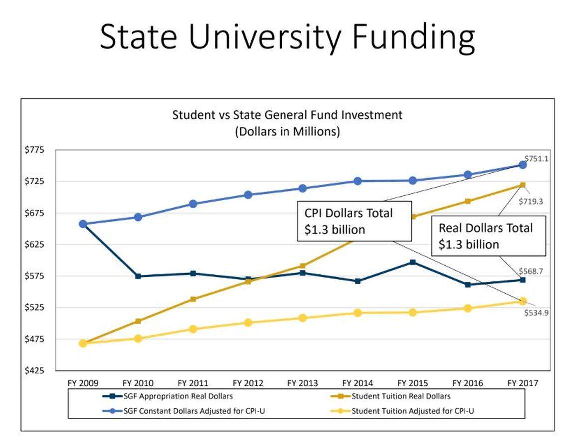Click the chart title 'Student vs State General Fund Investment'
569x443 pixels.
click(x=287, y=115)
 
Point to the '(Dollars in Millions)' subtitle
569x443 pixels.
click(x=287, y=132)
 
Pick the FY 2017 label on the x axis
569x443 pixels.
click(x=523, y=383)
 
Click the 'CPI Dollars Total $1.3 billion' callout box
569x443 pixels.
click(x=354, y=221)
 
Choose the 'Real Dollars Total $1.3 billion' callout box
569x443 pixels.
click(x=488, y=236)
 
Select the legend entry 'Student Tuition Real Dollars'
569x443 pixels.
click(x=401, y=397)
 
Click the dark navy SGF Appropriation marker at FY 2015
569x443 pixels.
click(x=413, y=262)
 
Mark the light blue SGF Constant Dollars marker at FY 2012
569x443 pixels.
click(x=248, y=195)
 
